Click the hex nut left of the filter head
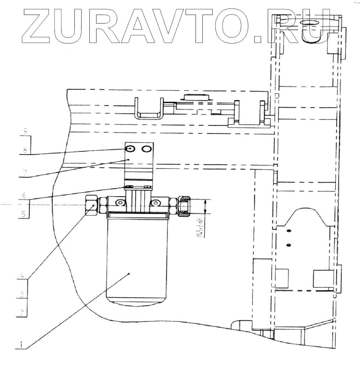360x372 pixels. point(92,205)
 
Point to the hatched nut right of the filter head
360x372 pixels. point(185,206)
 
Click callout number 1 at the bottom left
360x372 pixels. point(21,345)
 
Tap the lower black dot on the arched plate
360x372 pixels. point(289,245)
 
